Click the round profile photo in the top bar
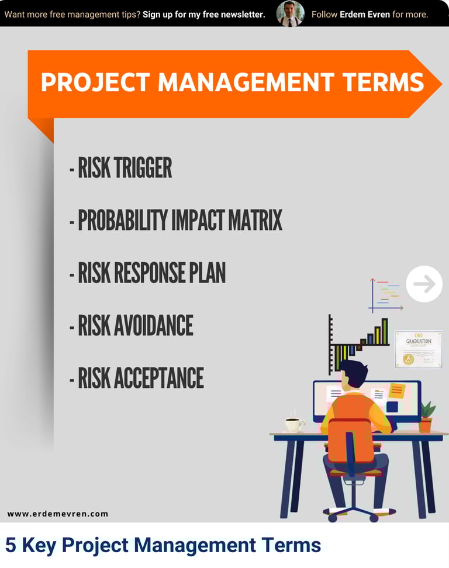[290, 14]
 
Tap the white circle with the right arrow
[424, 284]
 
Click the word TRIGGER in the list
[143, 167]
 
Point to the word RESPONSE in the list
[149, 273]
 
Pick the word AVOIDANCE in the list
[154, 325]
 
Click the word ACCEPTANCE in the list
[159, 378]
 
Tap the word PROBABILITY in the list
[123, 220]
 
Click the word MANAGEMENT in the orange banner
[246, 82]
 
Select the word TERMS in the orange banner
[383, 82]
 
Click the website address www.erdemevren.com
[57, 514]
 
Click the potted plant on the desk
[427, 417]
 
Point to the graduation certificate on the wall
[419, 349]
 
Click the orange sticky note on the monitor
[396, 391]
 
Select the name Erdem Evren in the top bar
[365, 15]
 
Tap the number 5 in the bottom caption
[11, 545]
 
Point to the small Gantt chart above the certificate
[386, 295]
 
